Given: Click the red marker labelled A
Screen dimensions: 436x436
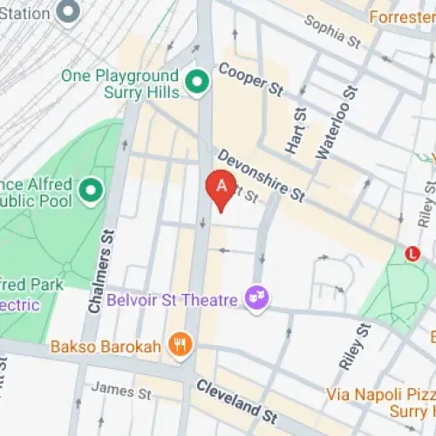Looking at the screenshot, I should pyautogui.click(x=221, y=187).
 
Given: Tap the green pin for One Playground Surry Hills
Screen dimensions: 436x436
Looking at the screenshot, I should pyautogui.click(x=198, y=84).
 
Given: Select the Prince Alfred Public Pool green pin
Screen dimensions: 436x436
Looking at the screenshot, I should pyautogui.click(x=90, y=188).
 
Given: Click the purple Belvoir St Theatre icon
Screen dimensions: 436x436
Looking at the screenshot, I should pyautogui.click(x=257, y=297).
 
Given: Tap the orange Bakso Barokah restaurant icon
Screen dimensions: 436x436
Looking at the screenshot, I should pyautogui.click(x=181, y=344).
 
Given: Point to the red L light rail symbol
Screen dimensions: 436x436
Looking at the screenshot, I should pyautogui.click(x=412, y=253).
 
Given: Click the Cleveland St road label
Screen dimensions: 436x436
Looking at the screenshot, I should pyautogui.click(x=236, y=398).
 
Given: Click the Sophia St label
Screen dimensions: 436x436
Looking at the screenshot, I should pyautogui.click(x=330, y=34).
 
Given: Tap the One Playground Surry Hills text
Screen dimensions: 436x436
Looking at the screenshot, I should pyautogui.click(x=120, y=84).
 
